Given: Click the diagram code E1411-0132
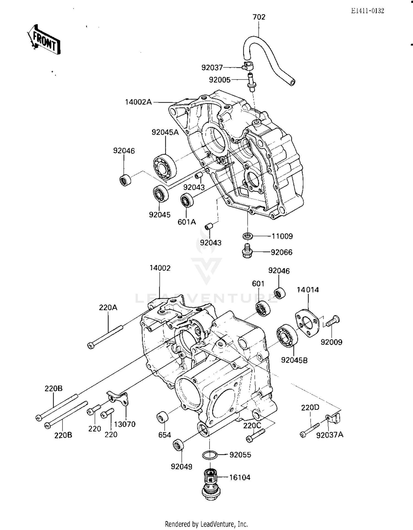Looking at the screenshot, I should pyautogui.click(x=367, y=11).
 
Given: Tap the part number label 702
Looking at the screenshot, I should pyautogui.click(x=259, y=17).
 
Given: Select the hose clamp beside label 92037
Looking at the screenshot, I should pyautogui.click(x=248, y=66).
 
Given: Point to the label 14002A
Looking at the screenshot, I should pyautogui.click(x=138, y=102).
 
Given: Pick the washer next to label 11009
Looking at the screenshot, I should pyautogui.click(x=248, y=236).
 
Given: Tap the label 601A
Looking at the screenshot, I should pyautogui.click(x=187, y=222).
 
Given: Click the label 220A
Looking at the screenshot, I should pyautogui.click(x=108, y=307).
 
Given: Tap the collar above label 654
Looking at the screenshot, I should pyautogui.click(x=162, y=417).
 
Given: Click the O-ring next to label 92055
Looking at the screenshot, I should pyautogui.click(x=210, y=455).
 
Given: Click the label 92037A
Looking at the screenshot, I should pyautogui.click(x=330, y=435).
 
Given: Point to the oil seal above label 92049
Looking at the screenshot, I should pyautogui.click(x=178, y=445).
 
